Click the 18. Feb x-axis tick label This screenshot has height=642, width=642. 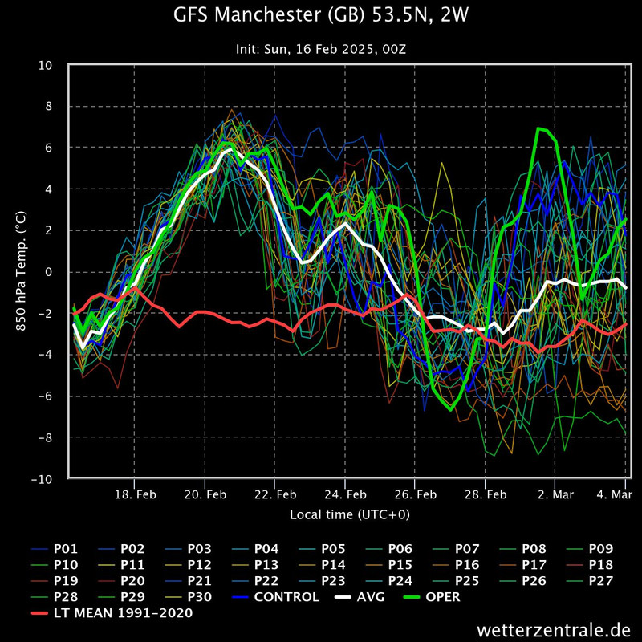[x=134, y=494]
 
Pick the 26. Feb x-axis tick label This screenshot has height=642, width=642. [x=415, y=494]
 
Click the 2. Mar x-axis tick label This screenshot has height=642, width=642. [x=555, y=494]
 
